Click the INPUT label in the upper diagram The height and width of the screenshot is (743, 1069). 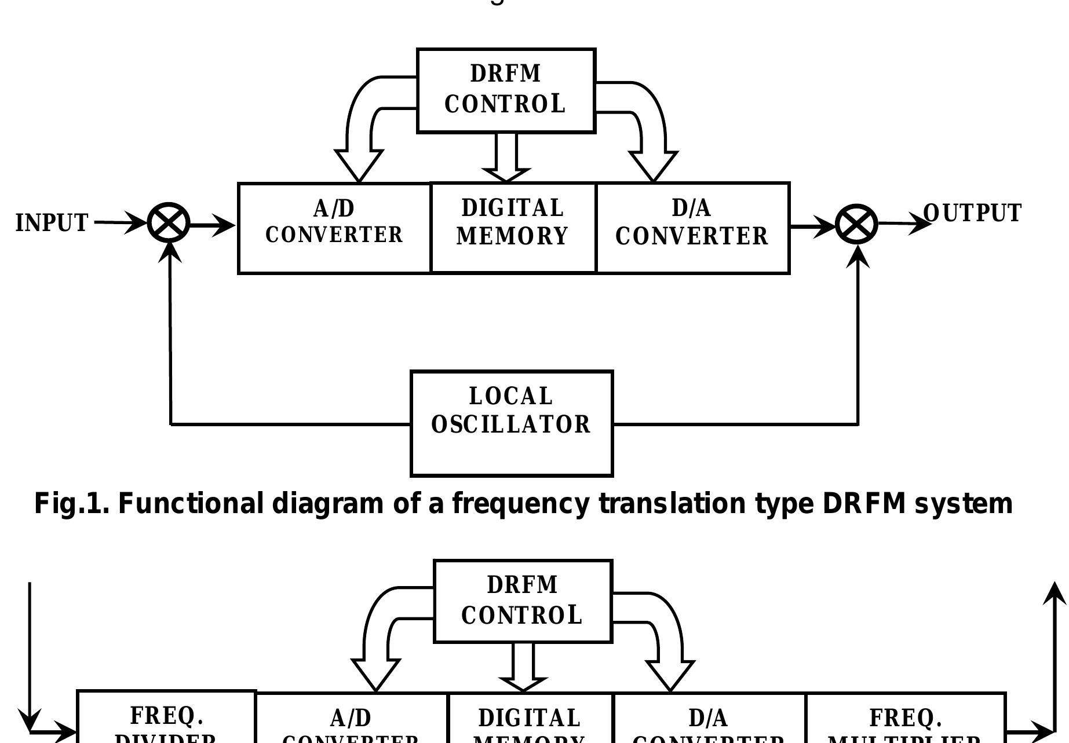click(x=52, y=223)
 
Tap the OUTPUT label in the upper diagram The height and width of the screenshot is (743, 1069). click(x=972, y=213)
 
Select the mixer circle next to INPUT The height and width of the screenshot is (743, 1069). click(x=169, y=223)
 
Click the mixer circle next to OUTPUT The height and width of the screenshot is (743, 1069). click(x=857, y=224)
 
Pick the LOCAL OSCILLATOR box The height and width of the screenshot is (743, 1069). click(x=512, y=423)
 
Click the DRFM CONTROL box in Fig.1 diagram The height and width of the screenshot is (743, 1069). click(x=506, y=91)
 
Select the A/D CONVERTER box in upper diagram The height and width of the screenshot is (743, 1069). click(x=334, y=228)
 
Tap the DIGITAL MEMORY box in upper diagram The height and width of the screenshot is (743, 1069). click(x=513, y=228)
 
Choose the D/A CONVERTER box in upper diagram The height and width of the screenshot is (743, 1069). click(x=692, y=228)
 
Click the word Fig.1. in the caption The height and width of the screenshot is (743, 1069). click(x=71, y=504)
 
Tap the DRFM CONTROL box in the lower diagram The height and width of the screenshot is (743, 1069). click(x=523, y=601)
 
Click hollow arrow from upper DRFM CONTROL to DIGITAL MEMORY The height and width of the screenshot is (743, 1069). click(x=506, y=159)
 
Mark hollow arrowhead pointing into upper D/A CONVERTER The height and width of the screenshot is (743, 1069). click(x=654, y=166)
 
